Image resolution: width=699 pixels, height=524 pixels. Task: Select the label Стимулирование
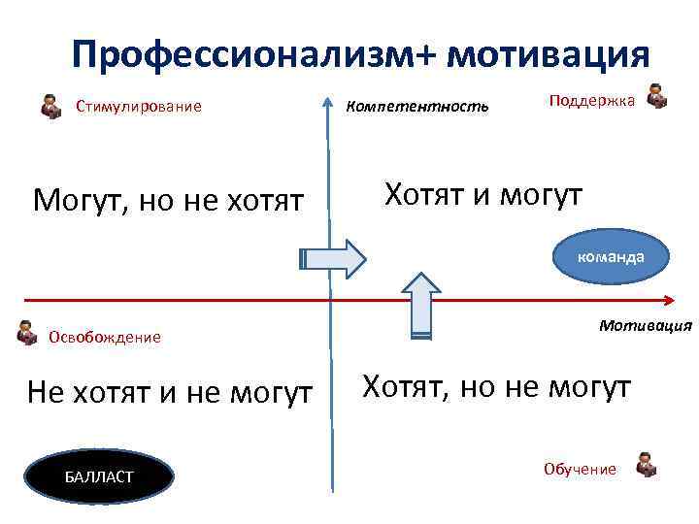click(139, 107)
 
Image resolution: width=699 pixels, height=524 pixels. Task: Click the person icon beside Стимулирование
click(51, 105)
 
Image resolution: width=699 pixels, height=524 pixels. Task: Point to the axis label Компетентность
click(417, 105)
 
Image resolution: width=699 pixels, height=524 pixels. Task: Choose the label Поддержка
click(592, 100)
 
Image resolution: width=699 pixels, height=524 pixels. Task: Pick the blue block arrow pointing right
click(332, 257)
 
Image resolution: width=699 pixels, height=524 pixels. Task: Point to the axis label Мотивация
click(645, 324)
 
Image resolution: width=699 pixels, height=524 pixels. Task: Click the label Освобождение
click(104, 338)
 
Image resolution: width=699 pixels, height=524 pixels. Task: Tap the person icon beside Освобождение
click(27, 335)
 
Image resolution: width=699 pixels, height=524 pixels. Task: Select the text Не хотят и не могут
click(170, 393)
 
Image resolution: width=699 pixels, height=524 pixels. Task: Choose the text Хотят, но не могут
click(496, 388)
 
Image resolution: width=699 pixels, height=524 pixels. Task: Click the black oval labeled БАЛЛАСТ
click(99, 476)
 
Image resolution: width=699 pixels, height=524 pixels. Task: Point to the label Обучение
click(580, 470)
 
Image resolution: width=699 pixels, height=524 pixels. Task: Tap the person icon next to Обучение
click(645, 465)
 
